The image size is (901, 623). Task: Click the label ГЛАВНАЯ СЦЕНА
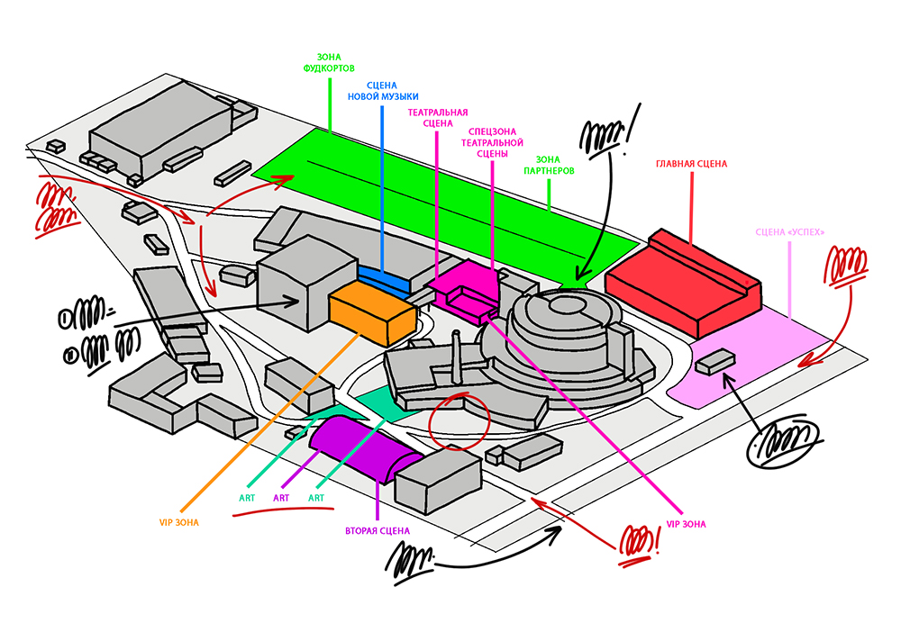691,165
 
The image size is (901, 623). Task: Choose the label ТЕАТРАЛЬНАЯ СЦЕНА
437,118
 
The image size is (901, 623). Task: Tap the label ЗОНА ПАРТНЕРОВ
549,164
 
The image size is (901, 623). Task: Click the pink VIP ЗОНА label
686,524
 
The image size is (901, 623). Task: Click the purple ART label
281,498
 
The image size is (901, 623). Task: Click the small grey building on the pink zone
714,361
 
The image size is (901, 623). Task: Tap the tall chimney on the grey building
457,355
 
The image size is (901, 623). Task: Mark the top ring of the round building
567,305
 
